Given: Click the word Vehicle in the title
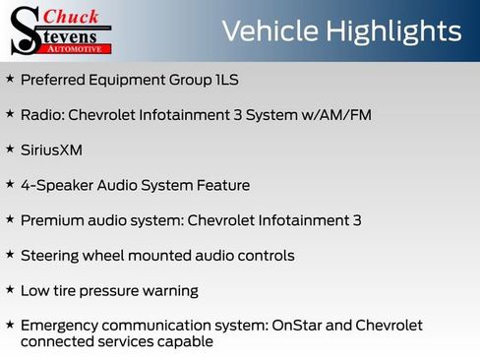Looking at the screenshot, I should coord(269,30).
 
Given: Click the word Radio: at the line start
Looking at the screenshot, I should coord(44,115).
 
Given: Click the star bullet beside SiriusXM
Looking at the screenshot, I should coord(9,150).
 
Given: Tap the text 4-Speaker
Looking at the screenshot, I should coord(55,185).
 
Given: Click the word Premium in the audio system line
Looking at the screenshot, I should coord(51,220).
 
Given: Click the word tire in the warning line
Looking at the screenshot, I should coord(68,291).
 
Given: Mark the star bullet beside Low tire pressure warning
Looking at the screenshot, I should coord(9,290).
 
